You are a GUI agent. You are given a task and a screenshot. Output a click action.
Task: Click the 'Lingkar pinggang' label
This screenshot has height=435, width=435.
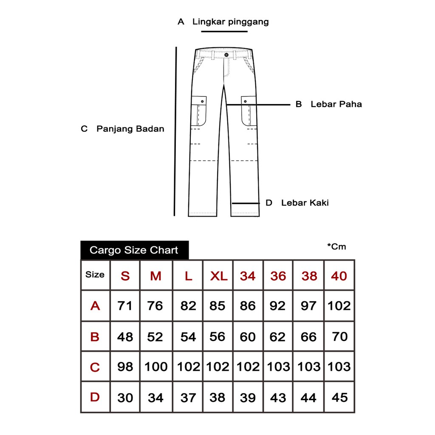tap(230, 22)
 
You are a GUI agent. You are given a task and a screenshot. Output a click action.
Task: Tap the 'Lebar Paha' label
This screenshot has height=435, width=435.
tap(336, 104)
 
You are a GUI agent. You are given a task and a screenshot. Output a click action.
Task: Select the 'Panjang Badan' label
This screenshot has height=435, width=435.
tap(130, 129)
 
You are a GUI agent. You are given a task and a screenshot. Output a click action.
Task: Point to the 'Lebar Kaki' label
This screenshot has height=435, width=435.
tap(305, 203)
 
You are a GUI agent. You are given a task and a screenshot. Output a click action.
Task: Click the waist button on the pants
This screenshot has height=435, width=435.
tap(226, 55)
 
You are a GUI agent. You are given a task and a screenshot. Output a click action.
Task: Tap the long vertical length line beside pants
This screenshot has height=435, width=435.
tap(175, 132)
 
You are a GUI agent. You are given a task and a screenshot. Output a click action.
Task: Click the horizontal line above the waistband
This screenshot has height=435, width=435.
tap(224, 31)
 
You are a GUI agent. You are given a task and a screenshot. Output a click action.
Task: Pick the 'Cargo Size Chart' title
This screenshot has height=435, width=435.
tap(134, 250)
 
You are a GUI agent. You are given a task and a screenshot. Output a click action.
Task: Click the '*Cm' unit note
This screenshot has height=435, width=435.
tap(336, 246)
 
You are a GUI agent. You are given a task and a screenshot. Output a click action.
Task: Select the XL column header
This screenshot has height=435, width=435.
tap(219, 276)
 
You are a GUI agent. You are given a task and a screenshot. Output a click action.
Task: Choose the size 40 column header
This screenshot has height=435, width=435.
tap(339, 276)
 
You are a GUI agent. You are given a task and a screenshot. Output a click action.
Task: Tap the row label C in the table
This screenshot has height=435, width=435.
tap(95, 367)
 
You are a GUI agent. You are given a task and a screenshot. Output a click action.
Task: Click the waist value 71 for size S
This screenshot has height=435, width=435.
tap(125, 305)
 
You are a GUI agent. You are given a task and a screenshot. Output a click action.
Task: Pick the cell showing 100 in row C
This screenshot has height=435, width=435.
tap(156, 367)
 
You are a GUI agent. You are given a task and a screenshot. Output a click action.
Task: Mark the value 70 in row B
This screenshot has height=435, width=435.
tap(339, 336)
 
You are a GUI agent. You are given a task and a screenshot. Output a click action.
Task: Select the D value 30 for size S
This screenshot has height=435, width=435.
tap(125, 398)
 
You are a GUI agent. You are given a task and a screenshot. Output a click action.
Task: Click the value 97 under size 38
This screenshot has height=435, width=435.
tap(309, 305)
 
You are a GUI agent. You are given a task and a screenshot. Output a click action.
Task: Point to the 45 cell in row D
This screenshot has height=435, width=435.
tap(339, 398)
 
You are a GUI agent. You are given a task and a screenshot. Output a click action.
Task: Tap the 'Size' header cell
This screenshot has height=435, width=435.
tap(95, 274)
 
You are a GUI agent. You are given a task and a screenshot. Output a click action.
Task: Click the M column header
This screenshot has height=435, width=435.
tap(156, 276)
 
